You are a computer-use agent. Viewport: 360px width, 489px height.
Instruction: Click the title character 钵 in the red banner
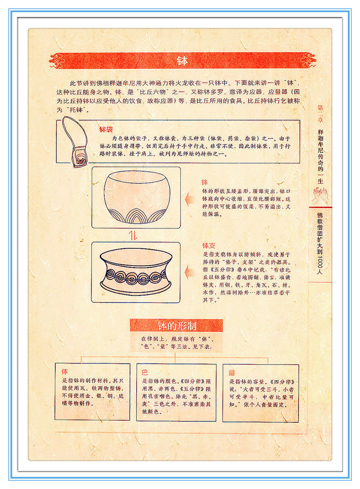pyautogui.click(x=182, y=61)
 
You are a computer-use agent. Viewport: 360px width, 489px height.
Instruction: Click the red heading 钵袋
pyautogui.click(x=106, y=129)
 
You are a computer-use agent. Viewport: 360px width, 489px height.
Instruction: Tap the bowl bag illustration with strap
pyautogui.click(x=75, y=142)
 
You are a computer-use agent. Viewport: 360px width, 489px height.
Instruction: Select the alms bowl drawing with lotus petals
pyautogui.click(x=137, y=197)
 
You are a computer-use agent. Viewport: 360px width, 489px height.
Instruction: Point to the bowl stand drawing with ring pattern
pyautogui.click(x=136, y=272)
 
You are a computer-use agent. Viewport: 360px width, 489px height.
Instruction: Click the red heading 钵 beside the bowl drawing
pyautogui.click(x=205, y=182)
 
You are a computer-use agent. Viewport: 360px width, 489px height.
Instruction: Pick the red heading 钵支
pyautogui.click(x=209, y=246)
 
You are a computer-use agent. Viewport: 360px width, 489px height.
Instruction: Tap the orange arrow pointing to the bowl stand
pyautogui.click(x=190, y=272)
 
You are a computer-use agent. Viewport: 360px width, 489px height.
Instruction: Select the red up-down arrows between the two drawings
pyautogui.click(x=133, y=235)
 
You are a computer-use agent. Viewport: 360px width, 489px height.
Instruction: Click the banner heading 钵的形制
pyautogui.click(x=177, y=326)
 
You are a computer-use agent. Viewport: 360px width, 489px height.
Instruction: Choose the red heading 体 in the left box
pyautogui.click(x=65, y=372)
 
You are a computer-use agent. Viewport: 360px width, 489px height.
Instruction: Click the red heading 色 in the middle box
pyautogui.click(x=145, y=372)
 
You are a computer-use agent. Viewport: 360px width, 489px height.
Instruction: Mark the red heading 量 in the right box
pyautogui.click(x=232, y=373)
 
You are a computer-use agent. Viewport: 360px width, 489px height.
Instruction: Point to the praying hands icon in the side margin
pyautogui.click(x=320, y=195)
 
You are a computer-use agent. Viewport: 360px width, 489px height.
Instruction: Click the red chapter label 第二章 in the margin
pyautogui.click(x=320, y=114)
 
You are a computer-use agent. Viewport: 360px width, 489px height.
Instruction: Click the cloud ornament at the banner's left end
pyautogui.click(x=56, y=61)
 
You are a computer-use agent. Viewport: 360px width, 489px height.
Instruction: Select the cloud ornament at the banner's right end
pyautogui.click(x=308, y=60)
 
